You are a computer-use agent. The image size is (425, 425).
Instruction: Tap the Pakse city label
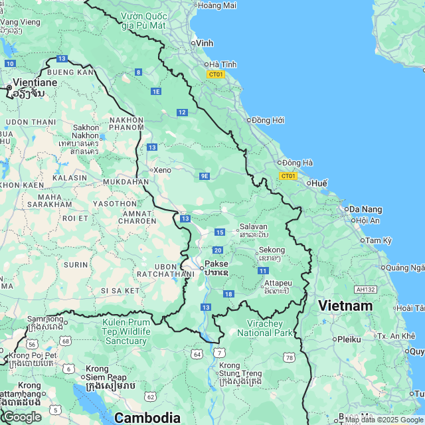[216, 264]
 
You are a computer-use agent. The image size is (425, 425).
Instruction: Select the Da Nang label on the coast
[366, 209]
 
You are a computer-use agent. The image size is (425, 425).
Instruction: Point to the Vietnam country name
[345, 306]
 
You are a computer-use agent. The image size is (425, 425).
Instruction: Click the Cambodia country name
[147, 418]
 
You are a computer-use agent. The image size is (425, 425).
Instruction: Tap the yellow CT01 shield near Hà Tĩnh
[216, 74]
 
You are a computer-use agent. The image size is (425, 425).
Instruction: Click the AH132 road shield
[365, 290]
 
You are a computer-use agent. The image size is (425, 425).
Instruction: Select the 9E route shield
[205, 176]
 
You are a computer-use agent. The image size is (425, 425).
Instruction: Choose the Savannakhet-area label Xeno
[162, 170]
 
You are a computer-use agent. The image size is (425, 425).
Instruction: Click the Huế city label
[319, 183]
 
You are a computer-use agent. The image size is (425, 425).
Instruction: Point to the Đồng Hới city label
[268, 120]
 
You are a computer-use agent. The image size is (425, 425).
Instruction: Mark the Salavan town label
[253, 226]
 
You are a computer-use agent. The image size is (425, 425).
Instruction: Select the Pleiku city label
[349, 339]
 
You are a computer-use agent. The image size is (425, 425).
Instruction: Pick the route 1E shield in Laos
[156, 91]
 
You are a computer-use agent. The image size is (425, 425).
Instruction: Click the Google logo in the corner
[21, 417]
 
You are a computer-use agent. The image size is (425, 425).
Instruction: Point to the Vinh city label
[205, 42]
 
